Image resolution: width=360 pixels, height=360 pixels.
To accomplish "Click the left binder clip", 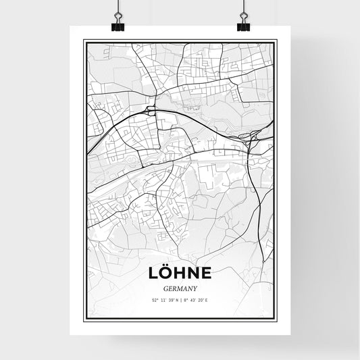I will (x=118, y=26).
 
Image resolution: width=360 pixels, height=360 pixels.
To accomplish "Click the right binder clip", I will (x=242, y=26).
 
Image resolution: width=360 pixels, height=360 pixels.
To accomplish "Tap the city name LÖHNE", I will (x=179, y=273).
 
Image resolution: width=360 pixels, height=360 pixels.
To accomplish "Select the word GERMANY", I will (x=179, y=287).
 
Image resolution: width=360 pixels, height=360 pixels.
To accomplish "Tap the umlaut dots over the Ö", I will (x=166, y=265).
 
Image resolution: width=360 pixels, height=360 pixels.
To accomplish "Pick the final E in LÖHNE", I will (x=206, y=274).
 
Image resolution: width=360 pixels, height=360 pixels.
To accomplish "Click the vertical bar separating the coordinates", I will (x=180, y=299).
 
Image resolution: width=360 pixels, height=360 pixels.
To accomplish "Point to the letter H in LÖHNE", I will (x=180, y=274).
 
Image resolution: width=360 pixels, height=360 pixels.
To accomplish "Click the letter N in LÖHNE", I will (x=193, y=274).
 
